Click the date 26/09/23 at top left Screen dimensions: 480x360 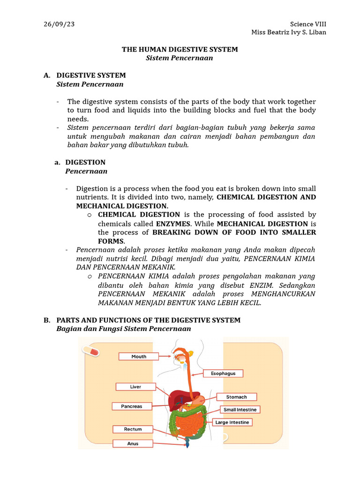point(59,24)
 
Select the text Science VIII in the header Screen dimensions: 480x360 point(308,24)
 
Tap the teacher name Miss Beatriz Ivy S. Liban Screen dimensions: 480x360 point(289,32)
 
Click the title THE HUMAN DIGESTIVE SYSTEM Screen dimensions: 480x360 point(180,49)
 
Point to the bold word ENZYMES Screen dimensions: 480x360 point(173,224)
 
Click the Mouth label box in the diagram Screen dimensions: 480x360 point(139,357)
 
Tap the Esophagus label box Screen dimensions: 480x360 point(223,374)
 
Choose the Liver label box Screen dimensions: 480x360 point(135,387)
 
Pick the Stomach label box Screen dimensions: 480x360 point(236,397)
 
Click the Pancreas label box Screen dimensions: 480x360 point(132,406)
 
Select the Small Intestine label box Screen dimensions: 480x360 point(240,410)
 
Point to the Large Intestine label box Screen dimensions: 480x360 point(232,422)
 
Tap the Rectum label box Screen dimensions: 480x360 point(133,429)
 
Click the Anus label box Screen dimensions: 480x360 point(133,443)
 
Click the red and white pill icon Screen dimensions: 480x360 point(90,351)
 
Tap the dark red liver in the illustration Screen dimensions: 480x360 point(179,399)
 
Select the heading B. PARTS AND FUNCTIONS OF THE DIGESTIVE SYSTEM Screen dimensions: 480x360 point(148,320)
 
